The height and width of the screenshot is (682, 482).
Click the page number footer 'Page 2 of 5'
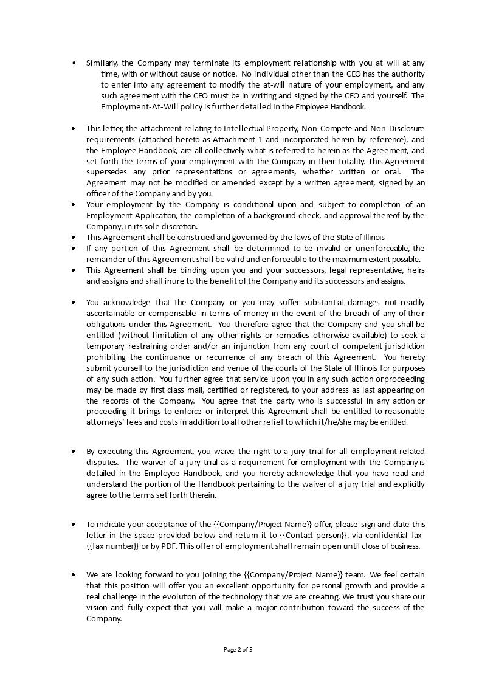[238, 649]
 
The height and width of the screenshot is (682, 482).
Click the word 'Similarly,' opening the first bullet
[102, 63]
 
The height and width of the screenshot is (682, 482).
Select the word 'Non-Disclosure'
[398, 128]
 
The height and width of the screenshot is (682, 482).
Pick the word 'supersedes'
[106, 172]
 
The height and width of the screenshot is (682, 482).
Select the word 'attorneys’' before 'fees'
[106, 422]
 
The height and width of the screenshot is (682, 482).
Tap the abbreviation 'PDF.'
[168, 546]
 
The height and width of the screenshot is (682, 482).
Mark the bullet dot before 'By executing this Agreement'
[74, 451]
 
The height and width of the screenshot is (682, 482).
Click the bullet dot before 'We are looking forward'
[74, 575]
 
